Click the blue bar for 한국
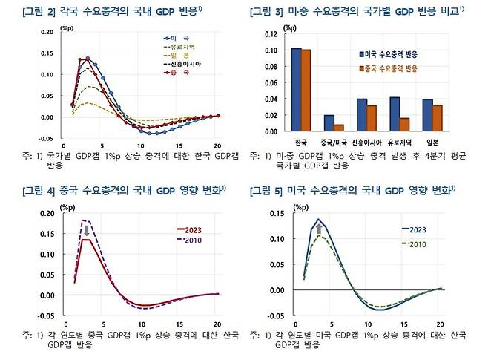[x=296, y=90]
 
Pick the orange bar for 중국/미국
[x=337, y=128]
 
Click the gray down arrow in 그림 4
[x=87, y=229]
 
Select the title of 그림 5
[x=350, y=192]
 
